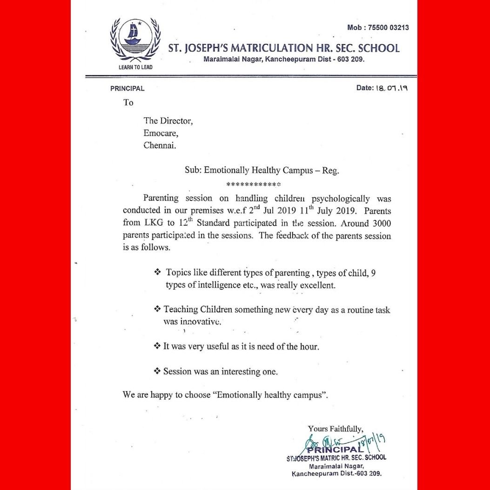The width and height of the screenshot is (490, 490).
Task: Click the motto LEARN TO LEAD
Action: point(135,67)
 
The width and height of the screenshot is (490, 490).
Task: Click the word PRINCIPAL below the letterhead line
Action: point(128,88)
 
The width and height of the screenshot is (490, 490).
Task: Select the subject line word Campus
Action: point(296,170)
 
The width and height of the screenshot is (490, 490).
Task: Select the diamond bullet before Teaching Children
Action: point(157,309)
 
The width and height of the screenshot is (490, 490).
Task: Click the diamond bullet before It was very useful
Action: point(157,346)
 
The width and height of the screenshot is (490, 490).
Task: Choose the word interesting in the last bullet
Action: point(243,371)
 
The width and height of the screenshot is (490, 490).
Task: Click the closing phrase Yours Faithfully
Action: point(336,429)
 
